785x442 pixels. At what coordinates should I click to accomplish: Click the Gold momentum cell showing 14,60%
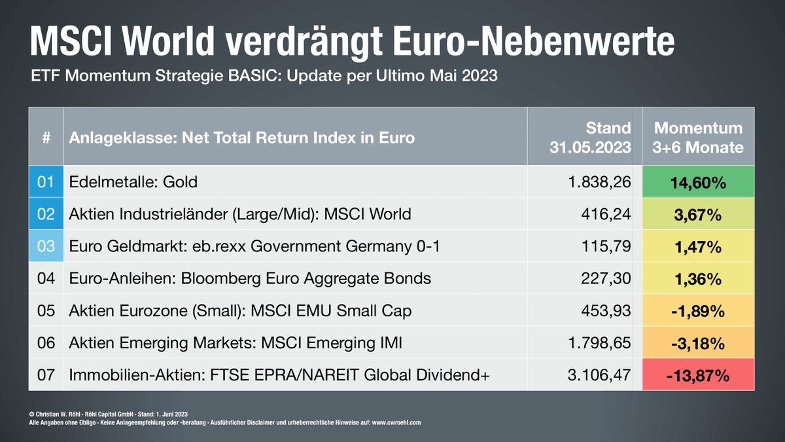[x=698, y=182]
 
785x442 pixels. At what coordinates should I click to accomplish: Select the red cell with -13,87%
[x=698, y=375]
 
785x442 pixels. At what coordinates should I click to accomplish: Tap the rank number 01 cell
[x=45, y=182]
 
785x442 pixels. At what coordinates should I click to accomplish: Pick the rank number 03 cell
[x=45, y=247]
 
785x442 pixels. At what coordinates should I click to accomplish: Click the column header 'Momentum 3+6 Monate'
[x=698, y=138]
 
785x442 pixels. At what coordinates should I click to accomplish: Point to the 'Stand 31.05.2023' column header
[x=590, y=138]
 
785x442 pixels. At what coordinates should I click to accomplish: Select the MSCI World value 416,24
[x=606, y=214]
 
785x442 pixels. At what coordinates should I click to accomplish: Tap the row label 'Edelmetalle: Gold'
[x=133, y=182]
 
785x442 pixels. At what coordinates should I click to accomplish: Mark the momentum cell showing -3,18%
[x=698, y=343]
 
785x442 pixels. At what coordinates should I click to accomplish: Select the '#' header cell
[x=45, y=138]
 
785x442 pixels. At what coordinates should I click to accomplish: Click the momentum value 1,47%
[x=698, y=247]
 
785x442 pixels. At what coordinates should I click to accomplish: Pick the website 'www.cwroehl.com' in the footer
[x=396, y=423]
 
